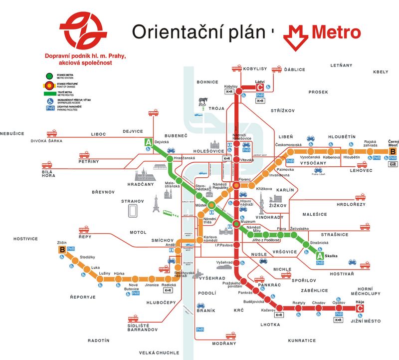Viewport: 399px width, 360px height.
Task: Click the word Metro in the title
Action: (x=336, y=32)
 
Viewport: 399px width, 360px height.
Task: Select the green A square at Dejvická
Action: (x=148, y=142)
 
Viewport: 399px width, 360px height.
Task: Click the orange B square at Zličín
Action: (x=62, y=249)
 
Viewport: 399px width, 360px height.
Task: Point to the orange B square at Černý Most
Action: (x=393, y=151)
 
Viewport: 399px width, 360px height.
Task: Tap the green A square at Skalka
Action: (x=319, y=256)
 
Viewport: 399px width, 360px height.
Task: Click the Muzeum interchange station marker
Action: (x=237, y=223)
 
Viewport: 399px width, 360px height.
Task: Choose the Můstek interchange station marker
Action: (x=212, y=205)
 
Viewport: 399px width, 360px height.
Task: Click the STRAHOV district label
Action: (x=133, y=201)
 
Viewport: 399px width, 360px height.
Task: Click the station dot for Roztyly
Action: (x=298, y=309)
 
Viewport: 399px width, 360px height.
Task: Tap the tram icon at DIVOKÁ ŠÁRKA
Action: (x=52, y=134)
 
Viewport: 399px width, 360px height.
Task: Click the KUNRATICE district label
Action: (x=302, y=341)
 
